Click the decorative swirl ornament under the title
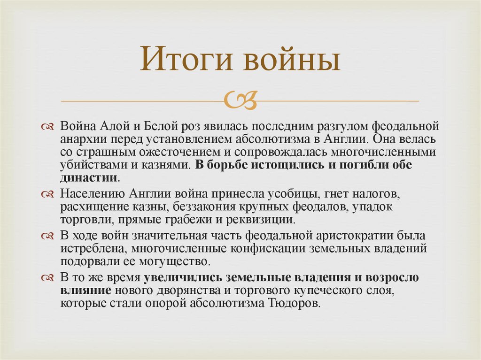[240, 100]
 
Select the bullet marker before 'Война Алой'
[48, 128]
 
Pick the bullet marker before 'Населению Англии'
[48, 194]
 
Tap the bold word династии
[88, 178]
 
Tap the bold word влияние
[85, 291]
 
